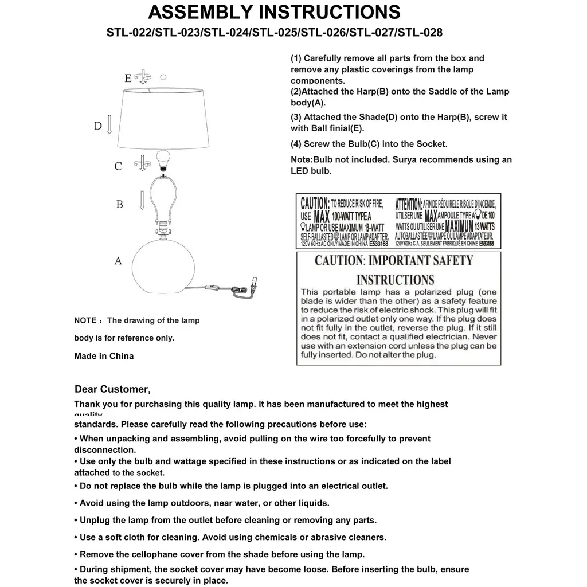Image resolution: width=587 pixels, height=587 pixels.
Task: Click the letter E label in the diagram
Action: click(128, 78)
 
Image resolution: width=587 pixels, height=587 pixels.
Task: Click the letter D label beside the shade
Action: click(98, 126)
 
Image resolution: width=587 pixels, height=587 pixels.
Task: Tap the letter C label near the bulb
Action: click(118, 166)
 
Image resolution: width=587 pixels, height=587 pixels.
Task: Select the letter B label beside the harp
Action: click(119, 204)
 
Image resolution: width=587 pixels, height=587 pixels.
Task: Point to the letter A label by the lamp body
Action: click(118, 261)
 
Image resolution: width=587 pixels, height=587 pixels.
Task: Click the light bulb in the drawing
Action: click(163, 159)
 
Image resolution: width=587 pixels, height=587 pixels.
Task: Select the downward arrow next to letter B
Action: click(141, 200)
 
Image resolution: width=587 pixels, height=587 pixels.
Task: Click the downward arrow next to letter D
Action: click(109, 124)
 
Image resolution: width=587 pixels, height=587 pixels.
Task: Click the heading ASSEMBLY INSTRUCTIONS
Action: click(274, 12)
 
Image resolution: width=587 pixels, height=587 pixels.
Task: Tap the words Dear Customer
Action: click(112, 390)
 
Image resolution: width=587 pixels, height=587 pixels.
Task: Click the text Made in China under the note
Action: click(104, 356)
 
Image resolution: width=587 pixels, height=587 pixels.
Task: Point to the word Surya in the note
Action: click(407, 160)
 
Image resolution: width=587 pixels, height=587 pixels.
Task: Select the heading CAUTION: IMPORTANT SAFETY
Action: click(394, 261)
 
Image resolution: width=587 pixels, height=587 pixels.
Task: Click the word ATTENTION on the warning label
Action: click(409, 204)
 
